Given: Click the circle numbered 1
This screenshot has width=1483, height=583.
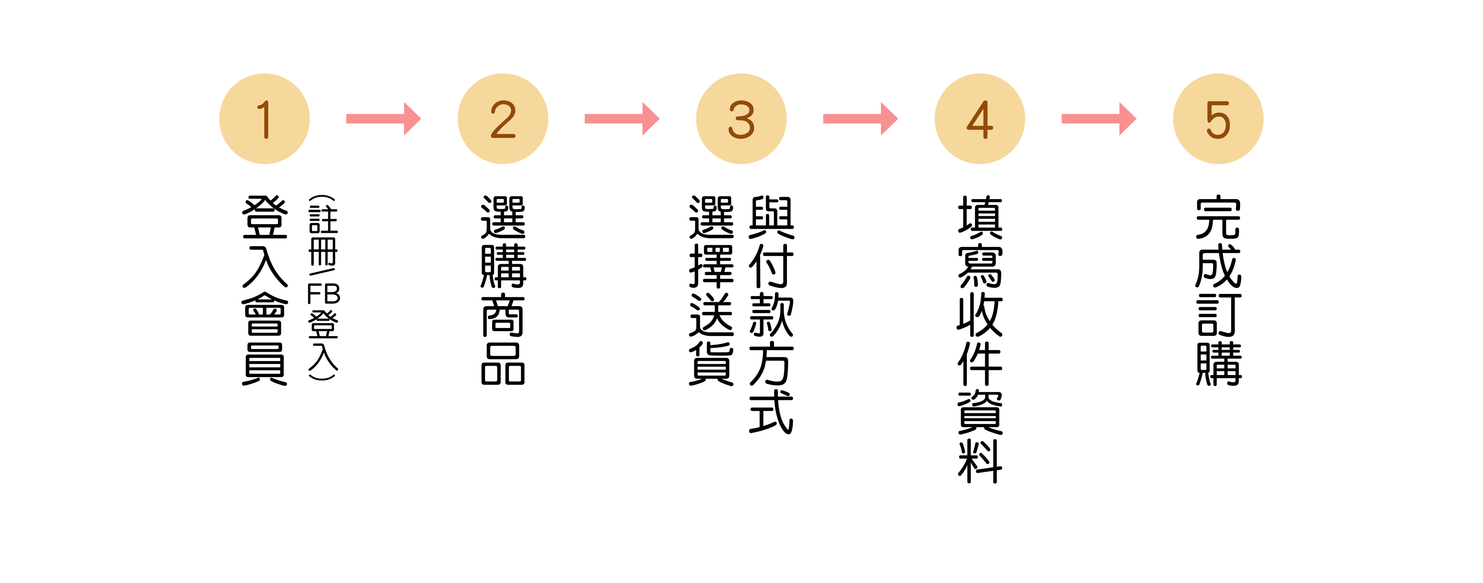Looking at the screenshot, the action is (x=264, y=119).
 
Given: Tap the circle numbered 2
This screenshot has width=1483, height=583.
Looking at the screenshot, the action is (x=502, y=119).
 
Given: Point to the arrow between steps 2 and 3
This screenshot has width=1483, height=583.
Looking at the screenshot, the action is (x=622, y=119).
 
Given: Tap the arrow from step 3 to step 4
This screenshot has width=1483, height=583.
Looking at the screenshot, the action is (x=860, y=119).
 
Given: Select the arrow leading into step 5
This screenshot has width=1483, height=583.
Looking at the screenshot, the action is (x=1098, y=119).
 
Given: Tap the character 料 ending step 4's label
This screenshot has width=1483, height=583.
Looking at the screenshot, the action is (x=980, y=461).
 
